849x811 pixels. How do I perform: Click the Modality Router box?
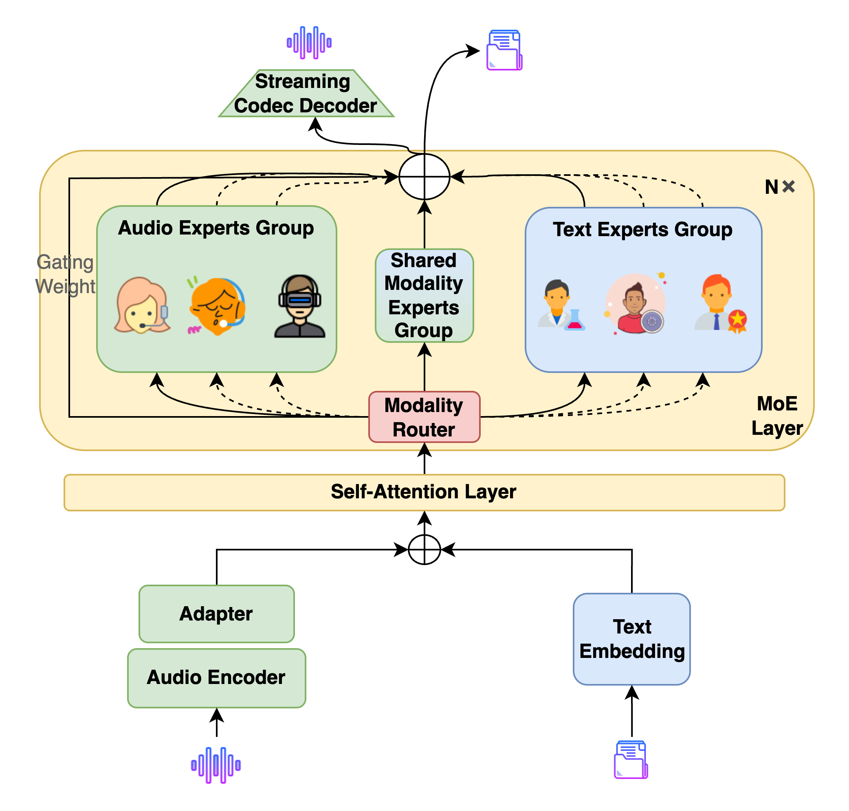click(424, 417)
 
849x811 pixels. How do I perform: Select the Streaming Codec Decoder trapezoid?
click(306, 93)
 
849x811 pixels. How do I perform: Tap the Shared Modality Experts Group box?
click(424, 295)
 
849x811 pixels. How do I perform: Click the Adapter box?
click(216, 614)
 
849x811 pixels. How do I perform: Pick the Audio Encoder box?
click(216, 677)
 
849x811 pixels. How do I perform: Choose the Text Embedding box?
click(631, 638)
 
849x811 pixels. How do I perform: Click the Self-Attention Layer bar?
click(424, 492)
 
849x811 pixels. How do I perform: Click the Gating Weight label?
click(65, 274)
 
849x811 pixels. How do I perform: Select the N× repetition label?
click(779, 187)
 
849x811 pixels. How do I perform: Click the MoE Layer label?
click(777, 415)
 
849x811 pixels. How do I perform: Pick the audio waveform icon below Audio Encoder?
click(216, 765)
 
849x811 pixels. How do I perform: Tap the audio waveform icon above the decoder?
click(309, 42)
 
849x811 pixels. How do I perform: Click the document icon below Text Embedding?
click(631, 760)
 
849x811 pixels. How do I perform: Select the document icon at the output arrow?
click(504, 50)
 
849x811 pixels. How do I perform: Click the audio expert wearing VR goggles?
click(299, 306)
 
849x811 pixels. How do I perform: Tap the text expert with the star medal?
click(720, 303)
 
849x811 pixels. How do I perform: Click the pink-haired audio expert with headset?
click(142, 305)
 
